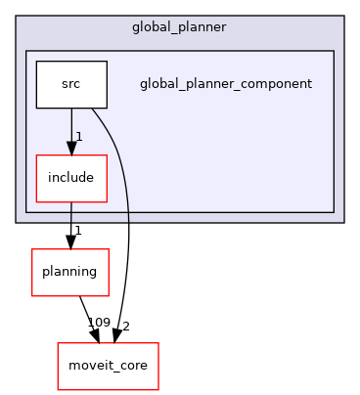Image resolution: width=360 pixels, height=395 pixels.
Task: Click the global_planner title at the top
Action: (179, 25)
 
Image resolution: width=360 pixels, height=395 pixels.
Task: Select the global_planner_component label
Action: (226, 83)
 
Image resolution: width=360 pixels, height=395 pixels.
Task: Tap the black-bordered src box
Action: (70, 84)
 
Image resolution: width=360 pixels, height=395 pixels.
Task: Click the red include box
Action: (70, 178)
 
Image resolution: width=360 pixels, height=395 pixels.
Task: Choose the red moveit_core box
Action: (108, 366)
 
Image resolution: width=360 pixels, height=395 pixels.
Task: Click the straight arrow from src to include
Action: (70, 127)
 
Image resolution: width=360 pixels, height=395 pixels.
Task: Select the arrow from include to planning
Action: (70, 223)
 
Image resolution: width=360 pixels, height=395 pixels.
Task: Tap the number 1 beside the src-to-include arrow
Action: (78, 136)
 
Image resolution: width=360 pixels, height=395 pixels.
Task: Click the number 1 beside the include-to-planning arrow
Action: (78, 230)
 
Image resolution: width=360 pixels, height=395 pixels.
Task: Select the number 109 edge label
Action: (98, 323)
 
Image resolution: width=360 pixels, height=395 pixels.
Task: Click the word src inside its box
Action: (70, 84)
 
